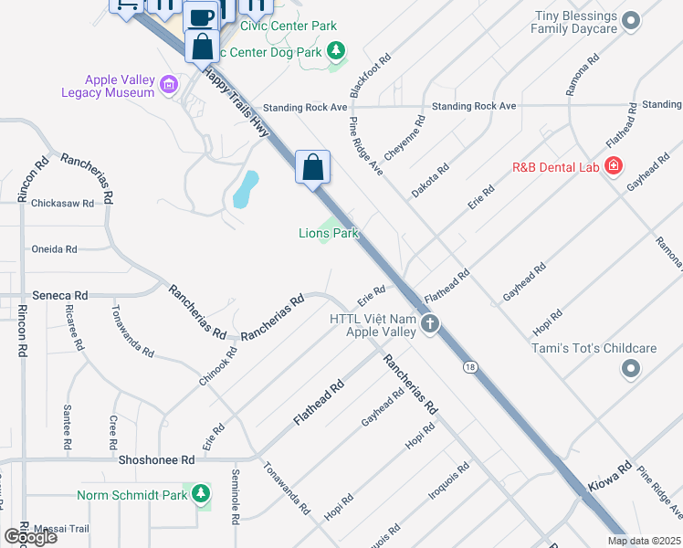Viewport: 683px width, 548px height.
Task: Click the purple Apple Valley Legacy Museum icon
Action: [x=168, y=87]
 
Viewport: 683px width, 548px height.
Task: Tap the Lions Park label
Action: [x=329, y=233]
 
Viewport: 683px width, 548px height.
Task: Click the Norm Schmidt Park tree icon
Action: [x=201, y=495]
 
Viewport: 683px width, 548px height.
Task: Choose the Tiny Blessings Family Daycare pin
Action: [x=630, y=20]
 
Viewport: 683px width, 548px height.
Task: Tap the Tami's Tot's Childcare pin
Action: [x=630, y=368]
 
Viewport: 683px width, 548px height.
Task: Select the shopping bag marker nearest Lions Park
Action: [x=312, y=168]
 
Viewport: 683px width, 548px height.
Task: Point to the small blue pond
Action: [x=244, y=190]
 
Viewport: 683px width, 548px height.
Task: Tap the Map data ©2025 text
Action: [x=643, y=541]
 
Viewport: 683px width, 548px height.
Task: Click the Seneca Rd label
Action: [x=62, y=296]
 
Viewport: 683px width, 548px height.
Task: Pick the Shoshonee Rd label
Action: [x=157, y=460]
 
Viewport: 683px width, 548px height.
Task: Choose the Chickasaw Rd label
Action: [x=63, y=203]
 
